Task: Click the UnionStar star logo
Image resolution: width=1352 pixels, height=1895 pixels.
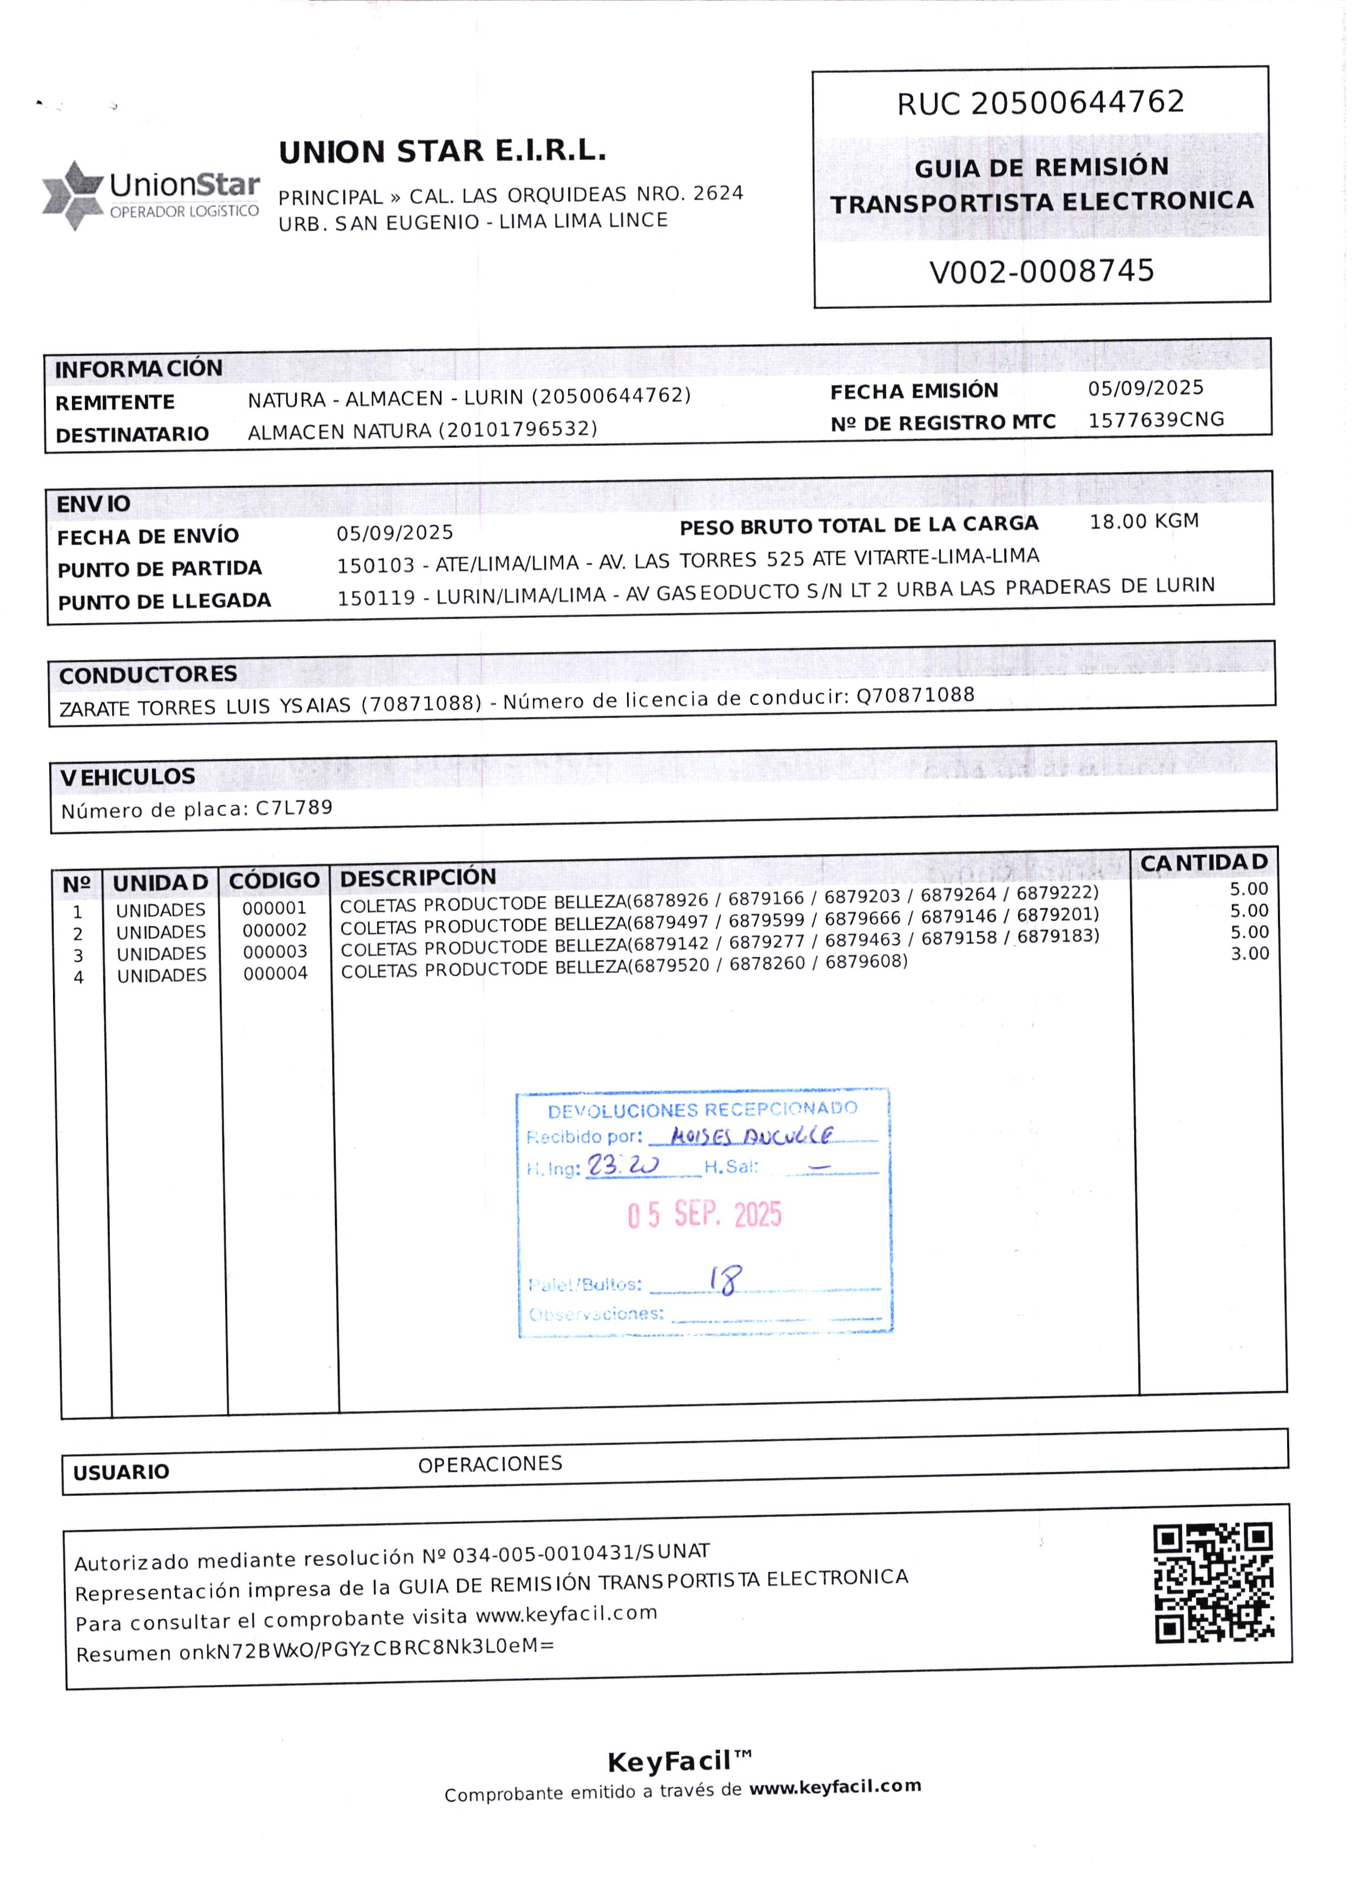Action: pos(72,196)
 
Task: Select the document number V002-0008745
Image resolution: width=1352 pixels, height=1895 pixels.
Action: pos(1041,272)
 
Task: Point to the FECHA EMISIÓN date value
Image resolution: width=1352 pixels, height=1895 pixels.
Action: pos(1145,388)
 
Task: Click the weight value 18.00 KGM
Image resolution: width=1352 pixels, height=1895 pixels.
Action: pos(1144,522)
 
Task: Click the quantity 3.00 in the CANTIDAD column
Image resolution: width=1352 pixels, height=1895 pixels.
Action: pos(1250,954)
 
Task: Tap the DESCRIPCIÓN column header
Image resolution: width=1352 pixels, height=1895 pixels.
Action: pos(418,878)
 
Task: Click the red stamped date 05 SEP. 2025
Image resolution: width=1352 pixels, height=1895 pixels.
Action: pos(704,1215)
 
